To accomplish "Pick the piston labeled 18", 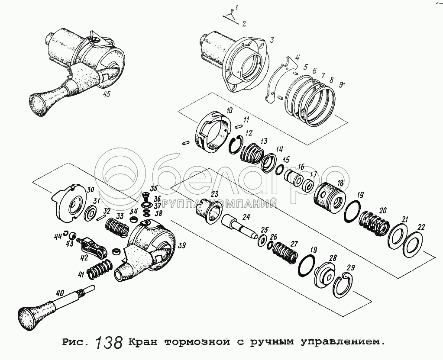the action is click(329, 198).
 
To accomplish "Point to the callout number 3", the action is click(272, 40).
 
